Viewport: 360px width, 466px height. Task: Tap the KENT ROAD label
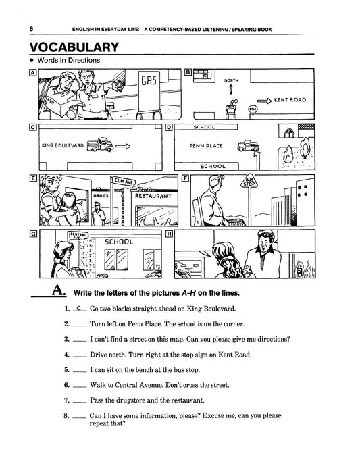pyautogui.click(x=290, y=100)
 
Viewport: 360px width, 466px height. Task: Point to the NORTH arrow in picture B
pyautogui.click(x=231, y=89)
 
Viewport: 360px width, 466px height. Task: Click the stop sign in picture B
pyautogui.click(x=253, y=109)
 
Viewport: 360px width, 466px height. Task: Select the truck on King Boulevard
pyautogui.click(x=100, y=145)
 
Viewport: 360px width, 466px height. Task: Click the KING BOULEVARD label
pyautogui.click(x=63, y=145)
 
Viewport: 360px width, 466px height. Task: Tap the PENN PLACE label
pyautogui.click(x=206, y=146)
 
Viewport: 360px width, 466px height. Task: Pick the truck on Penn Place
pyautogui.click(x=249, y=146)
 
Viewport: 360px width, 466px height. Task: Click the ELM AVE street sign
pyautogui.click(x=124, y=181)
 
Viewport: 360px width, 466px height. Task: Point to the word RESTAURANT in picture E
pyautogui.click(x=153, y=196)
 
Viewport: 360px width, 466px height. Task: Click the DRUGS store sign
pyautogui.click(x=101, y=196)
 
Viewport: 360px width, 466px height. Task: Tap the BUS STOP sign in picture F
pyautogui.click(x=249, y=182)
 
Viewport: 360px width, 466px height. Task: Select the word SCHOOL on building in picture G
pyautogui.click(x=119, y=242)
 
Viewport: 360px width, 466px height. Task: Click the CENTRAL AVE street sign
pyautogui.click(x=78, y=236)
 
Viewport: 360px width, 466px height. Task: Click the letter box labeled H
pyautogui.click(x=169, y=234)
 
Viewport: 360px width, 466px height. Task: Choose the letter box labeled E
pyautogui.click(x=33, y=178)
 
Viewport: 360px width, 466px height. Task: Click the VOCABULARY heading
pyautogui.click(x=74, y=47)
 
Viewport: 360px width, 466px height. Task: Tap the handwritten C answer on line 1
pyautogui.click(x=79, y=308)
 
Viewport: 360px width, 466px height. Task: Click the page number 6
pyautogui.click(x=31, y=29)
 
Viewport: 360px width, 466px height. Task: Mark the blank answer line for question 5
pyautogui.click(x=80, y=372)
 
